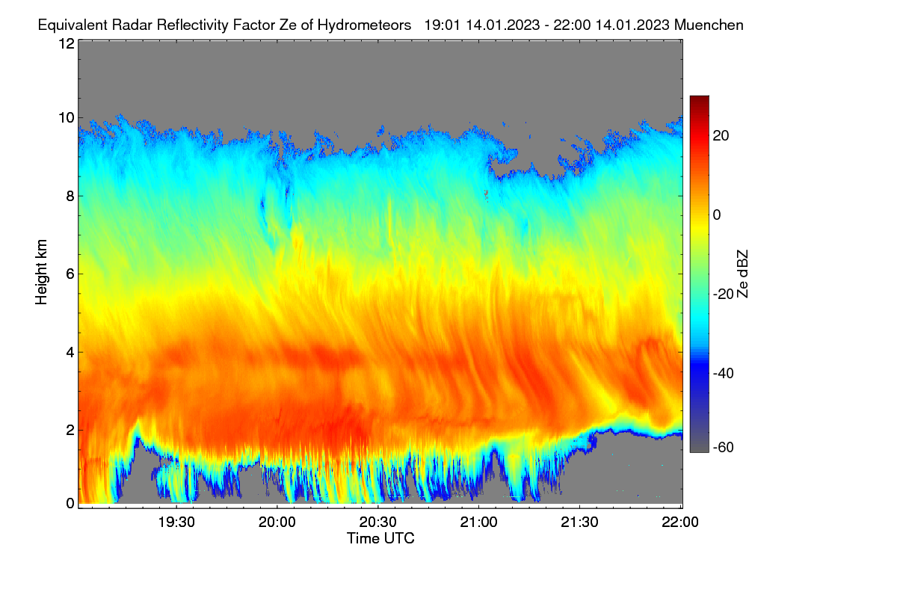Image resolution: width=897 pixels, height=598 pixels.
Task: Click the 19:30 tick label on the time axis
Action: click(x=176, y=523)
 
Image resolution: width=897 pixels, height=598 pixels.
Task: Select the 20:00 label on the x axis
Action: click(x=277, y=523)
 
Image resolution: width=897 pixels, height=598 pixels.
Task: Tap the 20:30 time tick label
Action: click(x=377, y=523)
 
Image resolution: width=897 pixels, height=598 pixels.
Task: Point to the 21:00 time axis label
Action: click(x=478, y=523)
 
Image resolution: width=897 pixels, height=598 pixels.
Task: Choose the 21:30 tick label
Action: click(x=579, y=523)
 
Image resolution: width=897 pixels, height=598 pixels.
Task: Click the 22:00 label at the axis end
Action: click(x=680, y=523)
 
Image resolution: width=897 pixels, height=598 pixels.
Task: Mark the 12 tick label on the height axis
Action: click(x=67, y=43)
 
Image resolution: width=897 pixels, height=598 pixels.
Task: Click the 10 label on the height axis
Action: click(x=67, y=118)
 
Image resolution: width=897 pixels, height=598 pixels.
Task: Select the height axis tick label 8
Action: click(x=70, y=196)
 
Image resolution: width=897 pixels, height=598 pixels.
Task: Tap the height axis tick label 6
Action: click(x=70, y=274)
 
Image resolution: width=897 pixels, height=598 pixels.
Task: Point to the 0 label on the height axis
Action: click(x=70, y=504)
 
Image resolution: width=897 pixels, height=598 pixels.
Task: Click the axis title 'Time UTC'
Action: click(x=380, y=539)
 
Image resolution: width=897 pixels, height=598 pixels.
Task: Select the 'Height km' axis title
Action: click(x=41, y=272)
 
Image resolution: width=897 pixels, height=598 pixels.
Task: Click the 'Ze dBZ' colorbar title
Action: click(x=742, y=274)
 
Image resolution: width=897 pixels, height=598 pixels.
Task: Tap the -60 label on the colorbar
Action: click(x=724, y=448)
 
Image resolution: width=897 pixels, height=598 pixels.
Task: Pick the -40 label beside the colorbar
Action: click(x=724, y=373)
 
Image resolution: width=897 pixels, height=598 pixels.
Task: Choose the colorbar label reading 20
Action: click(x=721, y=136)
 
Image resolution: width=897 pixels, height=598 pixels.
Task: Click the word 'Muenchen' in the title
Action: click(x=709, y=25)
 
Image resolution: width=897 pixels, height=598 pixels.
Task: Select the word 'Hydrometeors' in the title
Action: click(x=365, y=25)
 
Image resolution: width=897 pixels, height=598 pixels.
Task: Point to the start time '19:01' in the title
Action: click(x=443, y=25)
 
